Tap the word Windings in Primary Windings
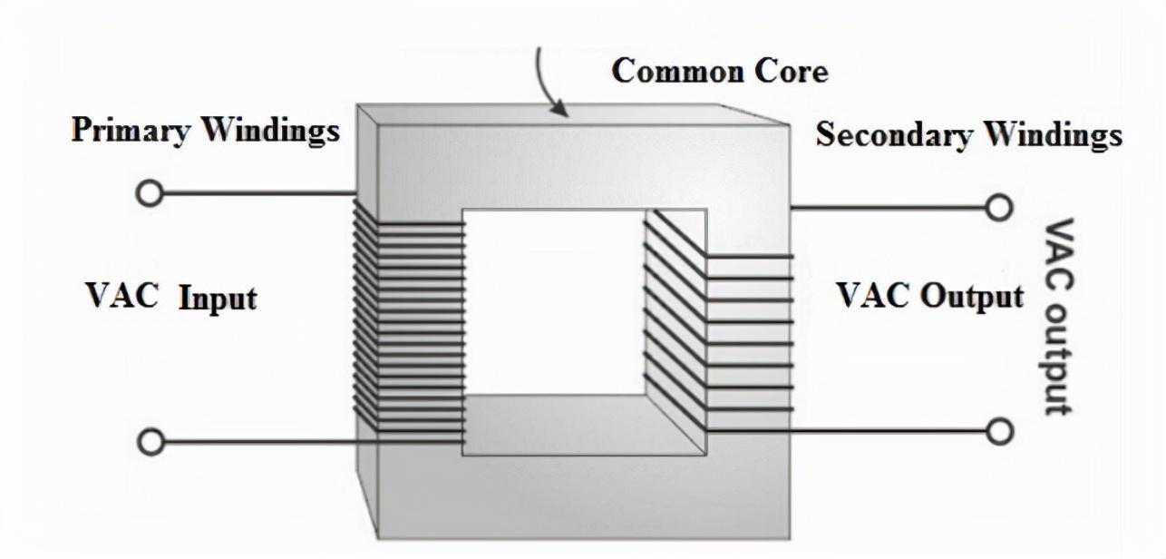pos(269,131)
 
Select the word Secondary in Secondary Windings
pos(894,135)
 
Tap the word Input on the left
pos(217,298)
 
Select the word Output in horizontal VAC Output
pos(974,297)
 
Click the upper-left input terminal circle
pos(150,193)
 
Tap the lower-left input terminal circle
pos(151,443)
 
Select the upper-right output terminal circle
pos(999,208)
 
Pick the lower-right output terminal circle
pos(999,431)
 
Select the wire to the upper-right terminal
pos(889,208)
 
